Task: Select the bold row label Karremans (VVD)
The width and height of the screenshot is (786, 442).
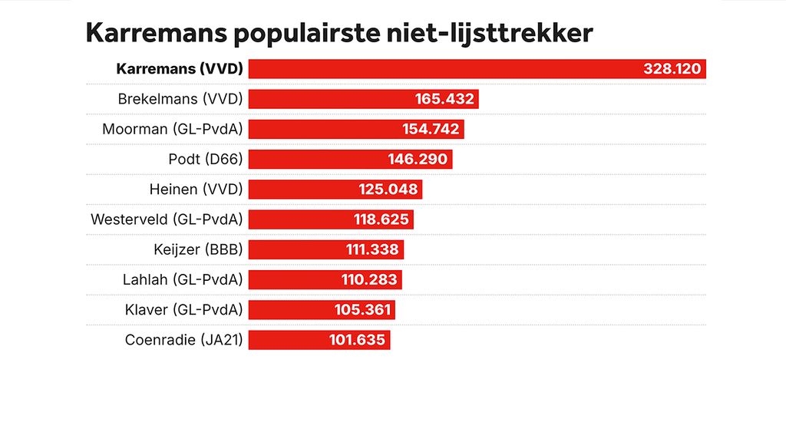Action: click(180, 69)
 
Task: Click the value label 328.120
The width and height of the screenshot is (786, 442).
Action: click(672, 69)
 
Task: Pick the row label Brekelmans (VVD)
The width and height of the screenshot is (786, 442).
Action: click(180, 99)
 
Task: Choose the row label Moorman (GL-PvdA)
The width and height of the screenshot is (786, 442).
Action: click(173, 129)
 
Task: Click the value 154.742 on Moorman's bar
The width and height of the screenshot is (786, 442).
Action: click(431, 129)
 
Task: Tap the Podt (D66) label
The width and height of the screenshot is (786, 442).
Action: click(206, 160)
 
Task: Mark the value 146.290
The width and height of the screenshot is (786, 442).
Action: click(418, 160)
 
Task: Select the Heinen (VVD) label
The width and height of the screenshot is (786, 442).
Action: click(196, 190)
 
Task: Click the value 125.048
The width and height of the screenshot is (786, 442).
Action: click(388, 190)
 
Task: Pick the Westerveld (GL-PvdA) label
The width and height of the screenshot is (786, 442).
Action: click(167, 219)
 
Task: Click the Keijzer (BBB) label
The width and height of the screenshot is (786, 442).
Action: click(199, 249)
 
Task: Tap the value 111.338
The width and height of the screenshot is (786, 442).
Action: click(371, 249)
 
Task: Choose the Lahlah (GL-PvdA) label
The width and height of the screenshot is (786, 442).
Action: click(183, 279)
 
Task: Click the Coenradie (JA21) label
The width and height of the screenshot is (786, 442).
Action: click(184, 340)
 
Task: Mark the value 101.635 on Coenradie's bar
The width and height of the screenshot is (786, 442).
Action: click(357, 340)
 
